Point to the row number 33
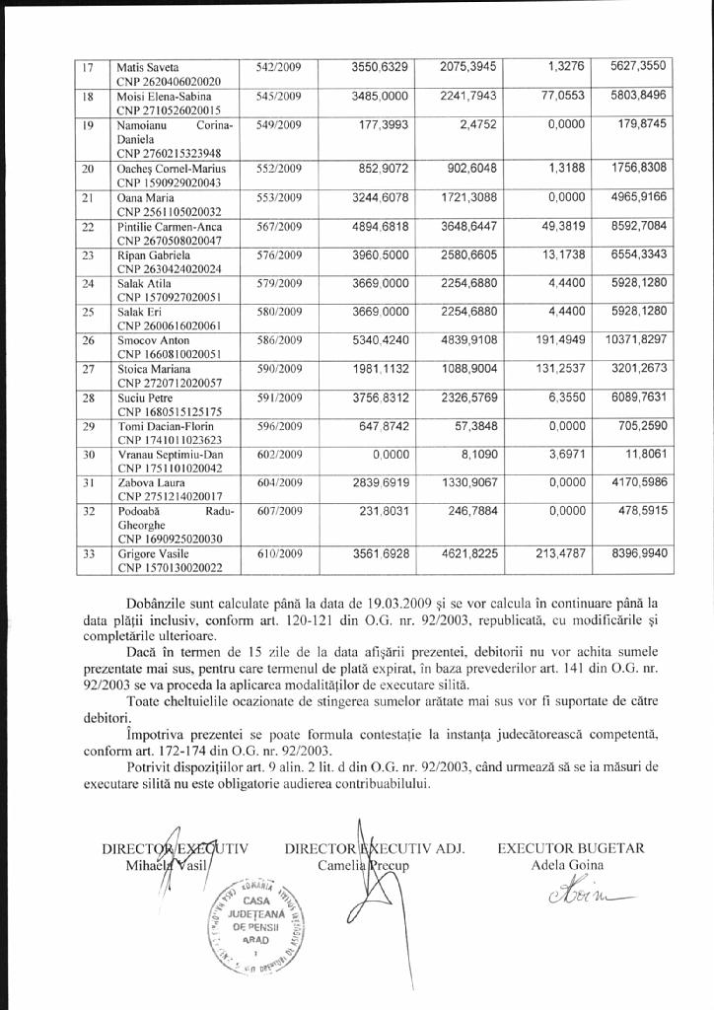coord(88,554)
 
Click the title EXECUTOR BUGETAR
coord(571,848)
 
